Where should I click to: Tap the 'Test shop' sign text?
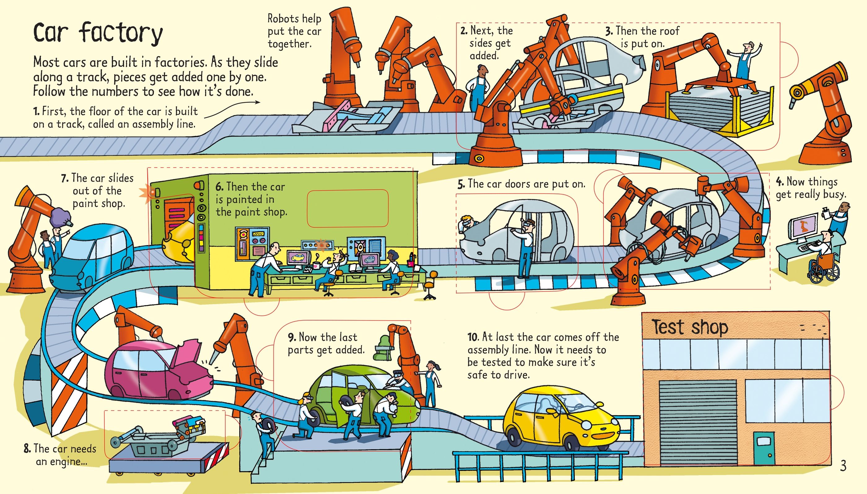[x=690, y=327]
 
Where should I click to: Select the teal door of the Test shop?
[x=764, y=448]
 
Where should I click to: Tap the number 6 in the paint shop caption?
[x=219, y=187]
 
